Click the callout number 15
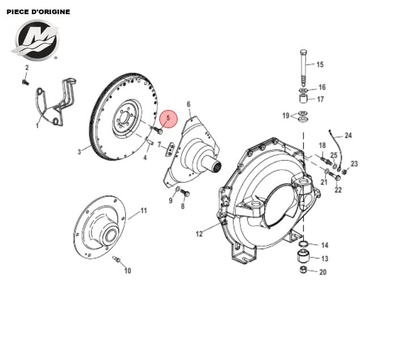(x=320, y=65)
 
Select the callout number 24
(x=348, y=135)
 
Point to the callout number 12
(x=199, y=233)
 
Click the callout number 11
(x=143, y=210)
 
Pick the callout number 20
(x=323, y=272)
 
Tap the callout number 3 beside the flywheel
(x=80, y=151)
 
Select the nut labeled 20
(x=303, y=269)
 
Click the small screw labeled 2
(x=25, y=82)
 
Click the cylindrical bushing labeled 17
(x=304, y=101)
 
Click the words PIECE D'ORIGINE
(x=39, y=12)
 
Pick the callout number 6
(x=188, y=104)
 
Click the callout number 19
(x=286, y=116)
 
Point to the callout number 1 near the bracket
(x=37, y=126)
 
